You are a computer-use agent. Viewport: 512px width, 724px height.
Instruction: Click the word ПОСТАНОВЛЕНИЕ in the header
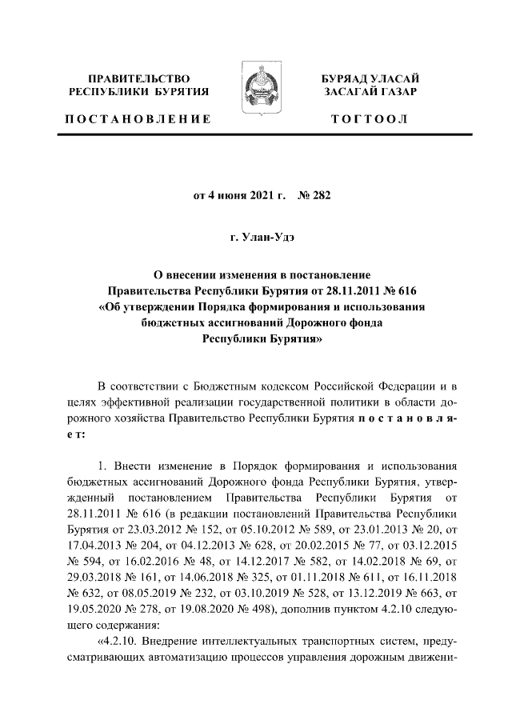138,119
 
